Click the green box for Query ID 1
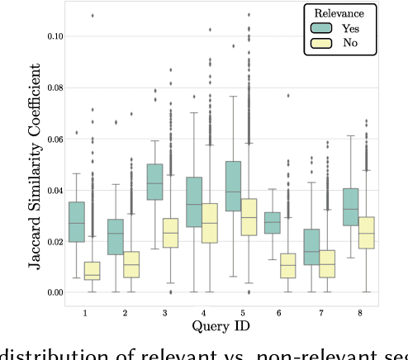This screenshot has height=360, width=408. [x=76, y=221]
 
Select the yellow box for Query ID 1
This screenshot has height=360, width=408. [x=92, y=271]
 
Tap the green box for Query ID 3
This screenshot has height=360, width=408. [x=154, y=181]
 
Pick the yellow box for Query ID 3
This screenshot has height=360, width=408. [x=170, y=233]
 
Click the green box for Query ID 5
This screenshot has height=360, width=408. [x=233, y=186]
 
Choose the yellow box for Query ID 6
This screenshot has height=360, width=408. [x=287, y=265]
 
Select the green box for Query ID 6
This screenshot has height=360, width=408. [x=272, y=223]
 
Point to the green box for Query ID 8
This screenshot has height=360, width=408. [x=350, y=206]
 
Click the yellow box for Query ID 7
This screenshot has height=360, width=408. [x=327, y=263]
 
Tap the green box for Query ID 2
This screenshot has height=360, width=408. [x=116, y=236]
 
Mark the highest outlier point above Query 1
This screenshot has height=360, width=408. [x=92, y=15]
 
